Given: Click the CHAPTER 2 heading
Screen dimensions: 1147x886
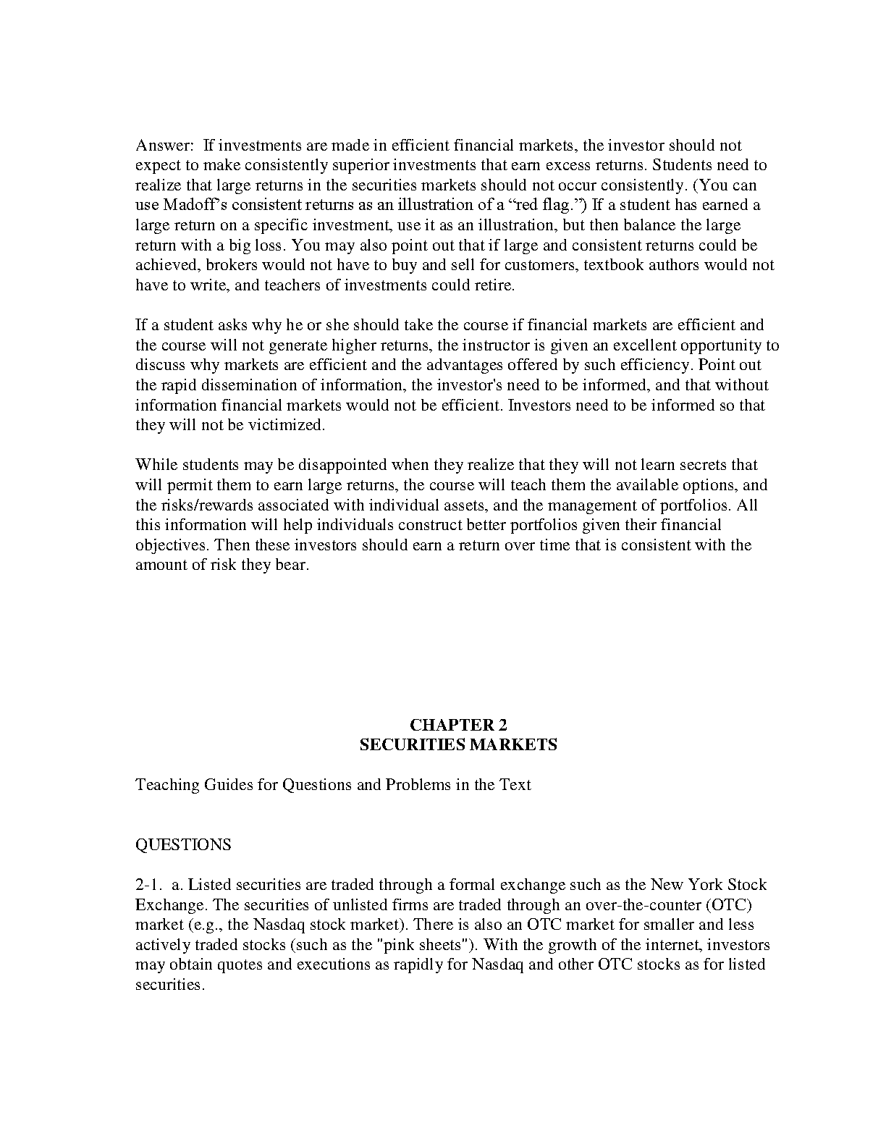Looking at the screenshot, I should click(x=458, y=725).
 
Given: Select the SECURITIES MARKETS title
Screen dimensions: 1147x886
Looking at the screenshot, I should click(x=458, y=744).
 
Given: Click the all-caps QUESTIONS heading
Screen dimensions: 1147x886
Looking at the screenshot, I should click(x=183, y=845).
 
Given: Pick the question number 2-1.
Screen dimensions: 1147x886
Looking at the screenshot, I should click(x=147, y=885).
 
